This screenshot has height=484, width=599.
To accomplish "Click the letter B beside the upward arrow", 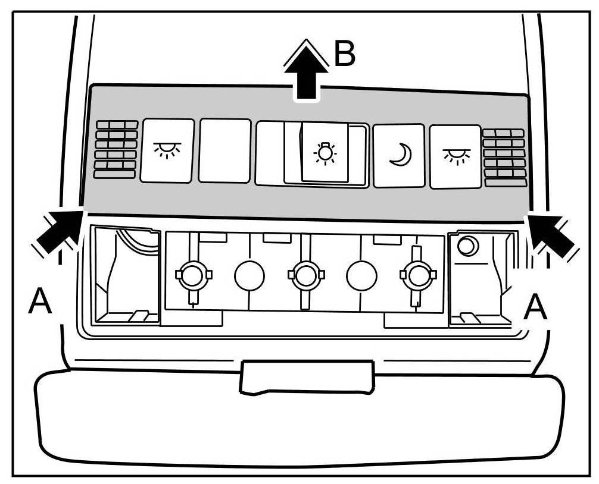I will click(344, 53).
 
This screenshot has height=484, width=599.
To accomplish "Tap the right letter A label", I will click(535, 307).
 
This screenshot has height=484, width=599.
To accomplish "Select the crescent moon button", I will click(398, 156).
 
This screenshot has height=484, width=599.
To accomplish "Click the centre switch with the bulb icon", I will click(325, 153).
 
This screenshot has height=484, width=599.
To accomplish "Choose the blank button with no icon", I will click(224, 150).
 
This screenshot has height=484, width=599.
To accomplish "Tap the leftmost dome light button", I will click(167, 150).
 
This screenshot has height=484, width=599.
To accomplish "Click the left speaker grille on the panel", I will click(115, 149).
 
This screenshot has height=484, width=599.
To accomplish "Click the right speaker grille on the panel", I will click(504, 158).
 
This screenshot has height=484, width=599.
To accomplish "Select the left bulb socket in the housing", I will click(192, 275).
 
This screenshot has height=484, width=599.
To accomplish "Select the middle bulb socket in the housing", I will click(304, 275).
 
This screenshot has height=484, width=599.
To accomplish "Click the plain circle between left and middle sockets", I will click(249, 275).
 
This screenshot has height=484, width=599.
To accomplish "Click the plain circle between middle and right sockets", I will click(361, 276).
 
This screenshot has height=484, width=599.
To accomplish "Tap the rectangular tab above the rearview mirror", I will click(306, 377).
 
